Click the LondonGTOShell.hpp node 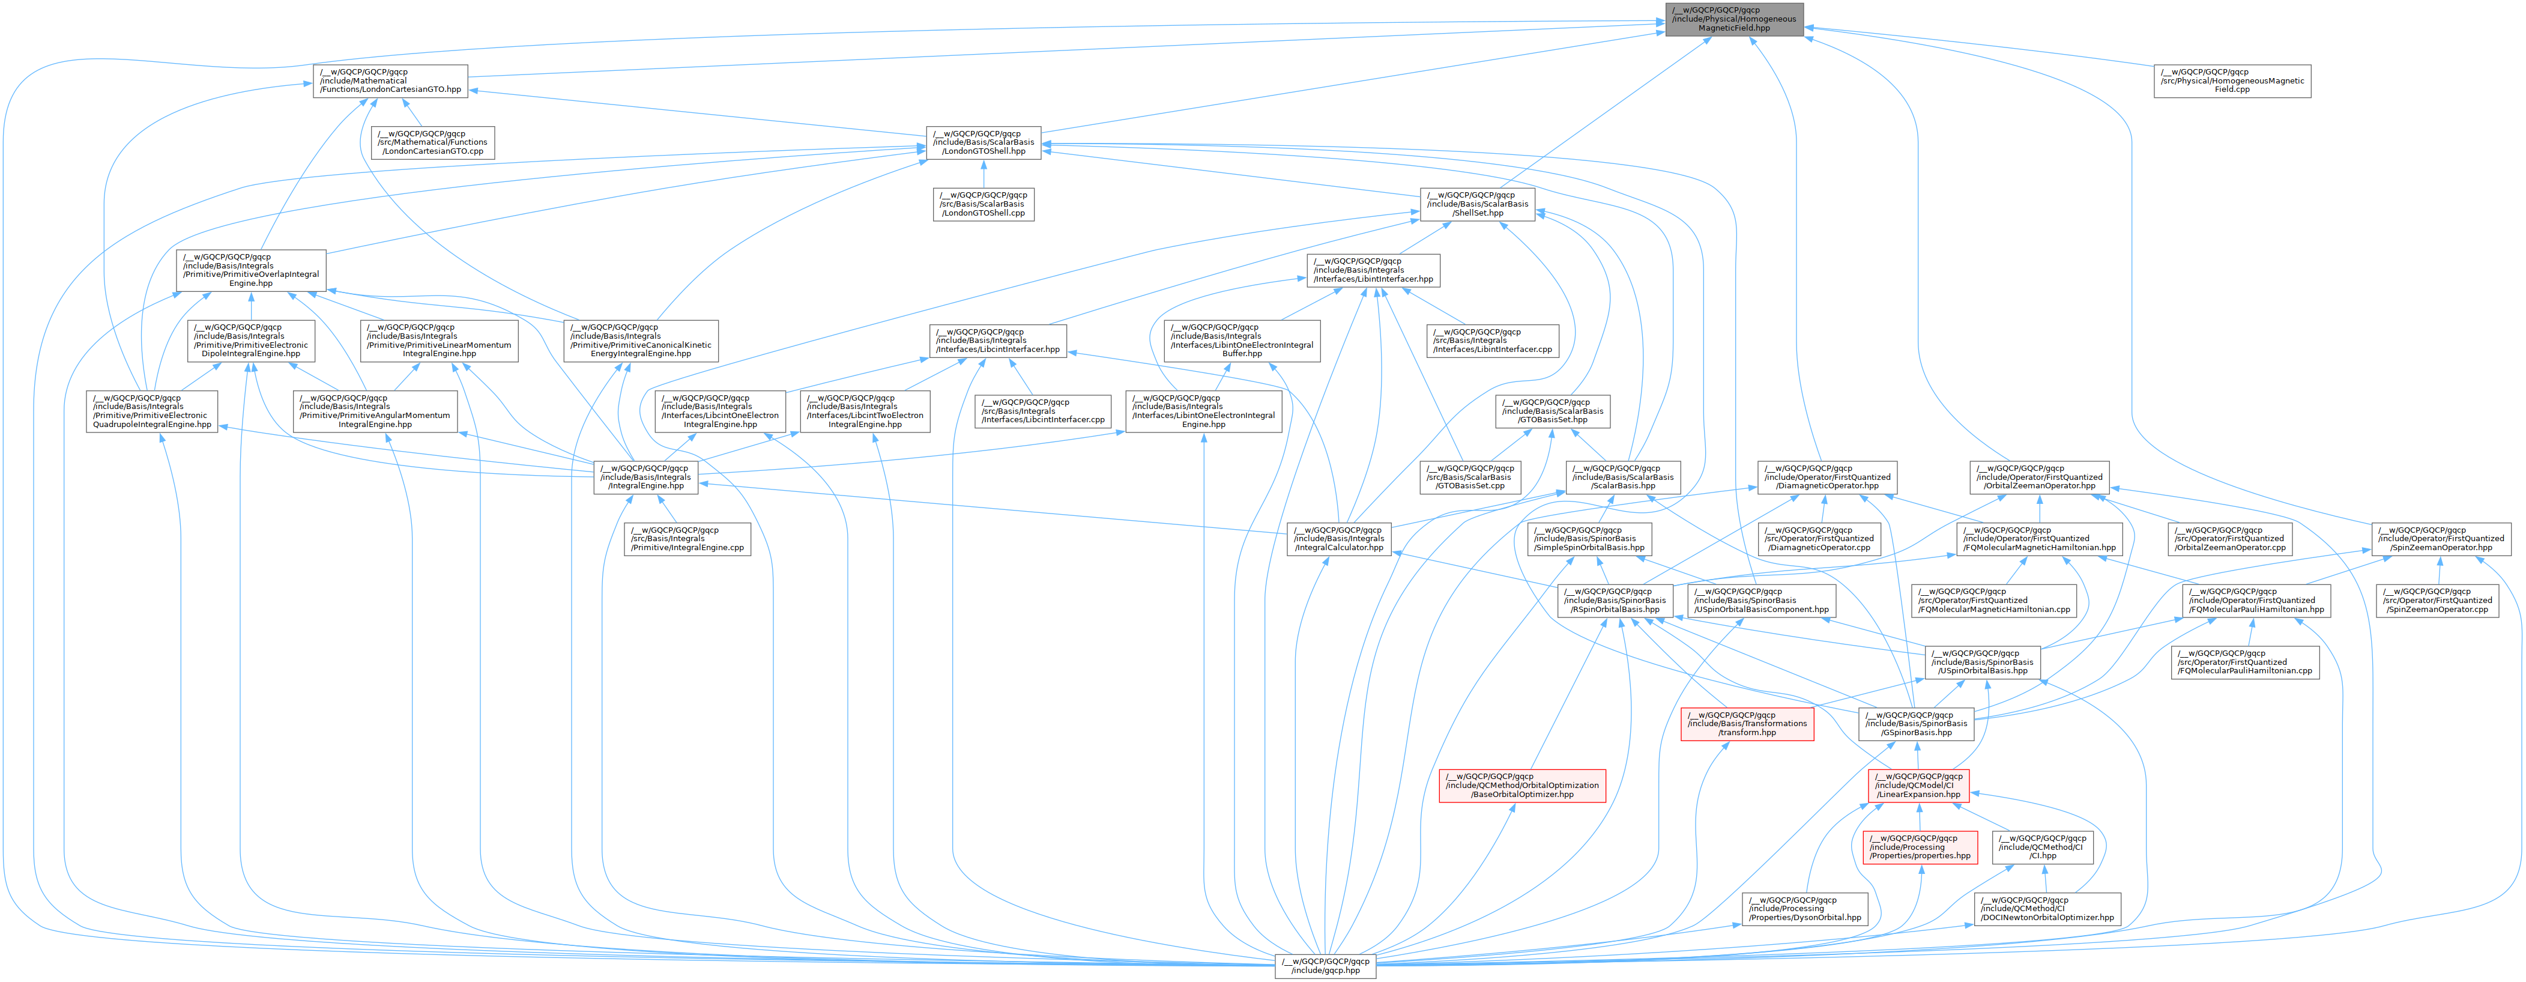[984, 143]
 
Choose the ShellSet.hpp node [1477, 205]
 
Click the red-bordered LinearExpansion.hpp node [1917, 786]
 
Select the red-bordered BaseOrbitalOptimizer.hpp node [1522, 786]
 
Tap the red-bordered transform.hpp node [1747, 724]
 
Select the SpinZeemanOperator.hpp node [2441, 539]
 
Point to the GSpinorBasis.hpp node [1917, 724]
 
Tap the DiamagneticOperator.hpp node [1826, 477]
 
